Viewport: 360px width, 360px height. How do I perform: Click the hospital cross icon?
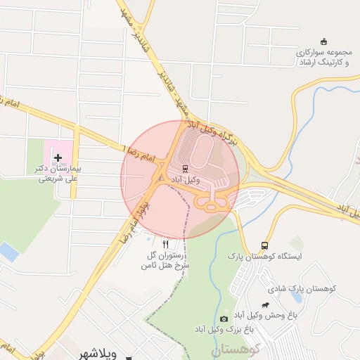[x=58, y=158]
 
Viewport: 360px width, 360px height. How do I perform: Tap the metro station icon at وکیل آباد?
[x=185, y=169]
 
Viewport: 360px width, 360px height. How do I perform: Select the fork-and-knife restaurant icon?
[x=166, y=244]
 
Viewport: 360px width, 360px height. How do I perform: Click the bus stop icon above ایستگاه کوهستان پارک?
[x=264, y=245]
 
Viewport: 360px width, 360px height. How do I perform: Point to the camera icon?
[x=224, y=319]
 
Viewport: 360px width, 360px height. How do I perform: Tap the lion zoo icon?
[x=266, y=305]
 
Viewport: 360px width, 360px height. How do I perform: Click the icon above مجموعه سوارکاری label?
[x=323, y=41]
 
